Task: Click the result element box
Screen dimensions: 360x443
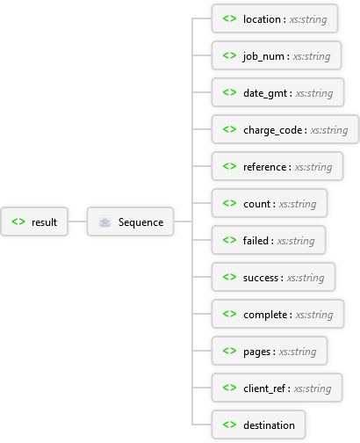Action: [34, 221]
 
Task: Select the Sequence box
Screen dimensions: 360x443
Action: [131, 221]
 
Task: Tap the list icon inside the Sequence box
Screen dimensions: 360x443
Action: [104, 221]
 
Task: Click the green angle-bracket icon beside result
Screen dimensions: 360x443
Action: [18, 221]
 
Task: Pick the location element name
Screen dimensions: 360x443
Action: [262, 19]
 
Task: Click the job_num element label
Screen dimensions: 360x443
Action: [263, 56]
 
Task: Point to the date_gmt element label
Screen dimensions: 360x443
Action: [265, 93]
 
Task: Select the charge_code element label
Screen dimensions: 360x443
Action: [272, 130]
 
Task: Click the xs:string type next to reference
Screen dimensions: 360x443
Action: [313, 167]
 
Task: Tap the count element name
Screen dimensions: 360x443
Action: [256, 204]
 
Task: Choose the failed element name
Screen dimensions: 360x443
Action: [256, 241]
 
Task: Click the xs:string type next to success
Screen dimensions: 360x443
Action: [306, 278]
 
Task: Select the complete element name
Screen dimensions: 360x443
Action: [265, 315]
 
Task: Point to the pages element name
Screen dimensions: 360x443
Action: [256, 352]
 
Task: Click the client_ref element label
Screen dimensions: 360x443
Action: [264, 389]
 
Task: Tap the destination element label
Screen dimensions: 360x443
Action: [269, 425]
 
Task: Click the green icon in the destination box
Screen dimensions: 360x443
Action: [229, 425]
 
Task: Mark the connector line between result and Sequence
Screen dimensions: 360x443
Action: [77, 221]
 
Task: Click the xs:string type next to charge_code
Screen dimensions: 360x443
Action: [329, 130]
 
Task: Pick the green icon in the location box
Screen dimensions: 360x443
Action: [229, 18]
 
